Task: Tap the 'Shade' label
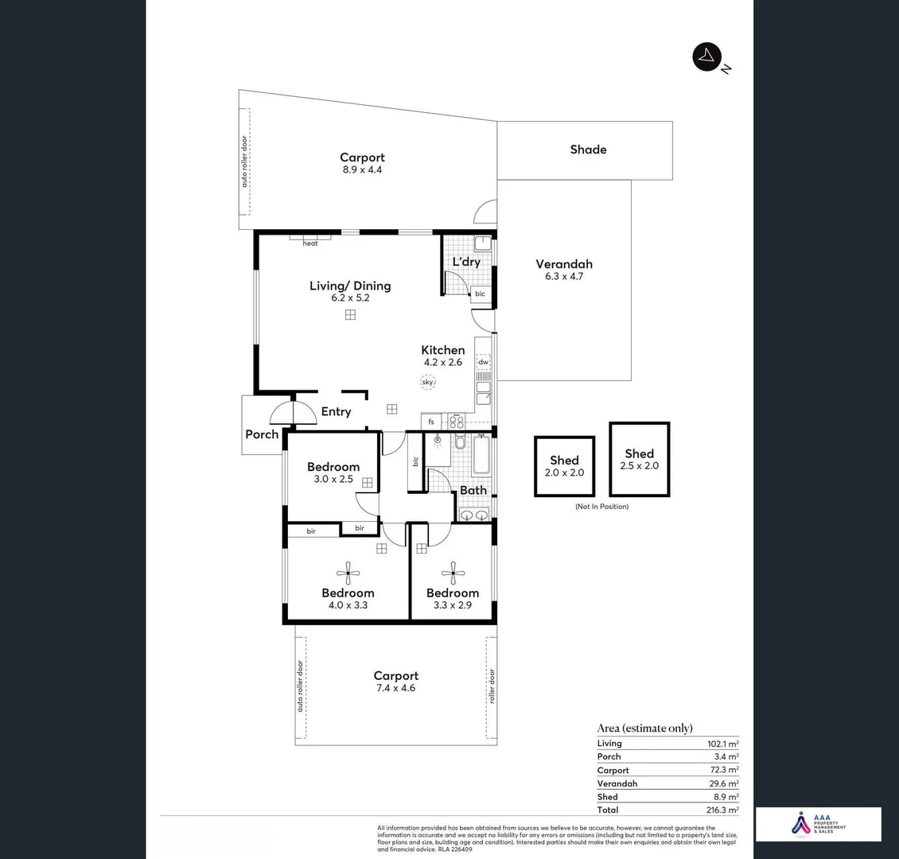[588, 150]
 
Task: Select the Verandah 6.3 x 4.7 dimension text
[563, 277]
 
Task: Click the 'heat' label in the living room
[310, 243]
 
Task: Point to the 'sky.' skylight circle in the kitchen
[428, 383]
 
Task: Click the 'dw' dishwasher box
[483, 362]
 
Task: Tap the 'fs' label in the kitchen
[431, 422]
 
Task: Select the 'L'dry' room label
[466, 262]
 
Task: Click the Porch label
[262, 434]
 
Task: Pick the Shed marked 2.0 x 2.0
[564, 466]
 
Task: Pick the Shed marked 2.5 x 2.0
[639, 459]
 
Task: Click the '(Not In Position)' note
[601, 507]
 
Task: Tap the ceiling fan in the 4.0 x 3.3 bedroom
[348, 569]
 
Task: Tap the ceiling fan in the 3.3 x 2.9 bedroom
[453, 569]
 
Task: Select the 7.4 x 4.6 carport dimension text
[395, 688]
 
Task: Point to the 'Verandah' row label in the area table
[617, 783]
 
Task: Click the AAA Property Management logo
[818, 824]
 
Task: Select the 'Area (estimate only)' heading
[644, 728]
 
